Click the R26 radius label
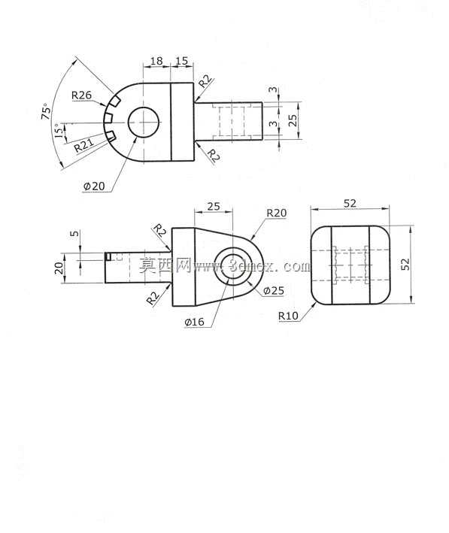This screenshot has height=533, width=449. point(82,95)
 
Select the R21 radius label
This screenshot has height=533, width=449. point(84,145)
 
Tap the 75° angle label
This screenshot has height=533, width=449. point(47,111)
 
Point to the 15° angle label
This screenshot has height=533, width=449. point(59,131)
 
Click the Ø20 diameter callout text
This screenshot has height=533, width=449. point(94,186)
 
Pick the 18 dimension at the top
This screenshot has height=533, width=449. point(156,61)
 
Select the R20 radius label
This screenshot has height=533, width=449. point(276,214)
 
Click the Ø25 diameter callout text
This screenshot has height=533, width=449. point(274,291)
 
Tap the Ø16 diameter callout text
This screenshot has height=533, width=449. point(195,322)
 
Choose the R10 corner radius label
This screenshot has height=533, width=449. point(288,316)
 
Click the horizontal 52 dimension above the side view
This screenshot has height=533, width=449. point(350,203)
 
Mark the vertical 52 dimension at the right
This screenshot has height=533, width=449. point(405,265)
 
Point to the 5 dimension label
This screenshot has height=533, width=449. point(74,234)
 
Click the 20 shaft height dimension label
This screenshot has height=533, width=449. point(59,268)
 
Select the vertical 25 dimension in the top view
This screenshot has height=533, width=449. point(293,120)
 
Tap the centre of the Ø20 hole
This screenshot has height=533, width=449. point(144,123)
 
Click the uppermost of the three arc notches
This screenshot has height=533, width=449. point(115,101)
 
